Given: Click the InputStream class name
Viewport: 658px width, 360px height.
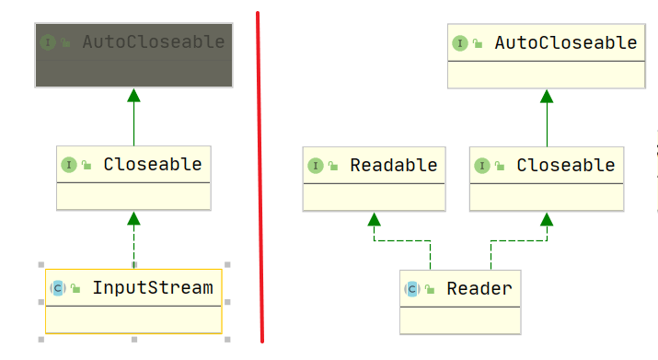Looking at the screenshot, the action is [x=153, y=288].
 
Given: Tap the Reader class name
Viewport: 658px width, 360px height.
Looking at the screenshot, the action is [x=479, y=288].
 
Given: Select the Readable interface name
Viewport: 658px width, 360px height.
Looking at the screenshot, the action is [x=394, y=165].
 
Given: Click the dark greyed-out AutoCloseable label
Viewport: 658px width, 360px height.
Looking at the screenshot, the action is [x=154, y=42].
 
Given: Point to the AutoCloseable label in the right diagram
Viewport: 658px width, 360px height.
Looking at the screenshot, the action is [x=566, y=43].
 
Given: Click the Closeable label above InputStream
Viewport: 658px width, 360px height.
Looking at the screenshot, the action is [x=153, y=164].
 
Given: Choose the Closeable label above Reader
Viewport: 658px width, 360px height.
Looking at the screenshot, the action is [x=566, y=165].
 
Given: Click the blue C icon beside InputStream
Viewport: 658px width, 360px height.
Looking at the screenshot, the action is [x=58, y=288].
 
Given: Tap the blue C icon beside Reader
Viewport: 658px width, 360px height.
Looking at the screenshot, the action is [x=412, y=289].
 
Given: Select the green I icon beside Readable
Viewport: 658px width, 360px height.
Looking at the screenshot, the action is [x=316, y=166].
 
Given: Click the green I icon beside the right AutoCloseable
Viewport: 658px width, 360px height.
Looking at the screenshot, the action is [x=460, y=43].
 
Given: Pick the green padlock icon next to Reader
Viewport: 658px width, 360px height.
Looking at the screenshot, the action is [x=430, y=289].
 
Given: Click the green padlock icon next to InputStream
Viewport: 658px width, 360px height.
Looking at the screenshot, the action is [x=75, y=288].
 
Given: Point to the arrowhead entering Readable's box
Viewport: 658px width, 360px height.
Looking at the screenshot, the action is [x=374, y=219].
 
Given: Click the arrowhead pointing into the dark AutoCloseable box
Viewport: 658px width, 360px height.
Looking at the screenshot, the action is [x=133, y=96].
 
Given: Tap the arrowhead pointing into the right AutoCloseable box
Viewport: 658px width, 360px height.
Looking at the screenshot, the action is [x=547, y=96].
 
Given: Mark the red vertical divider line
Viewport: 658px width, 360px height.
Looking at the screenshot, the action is [x=260, y=178].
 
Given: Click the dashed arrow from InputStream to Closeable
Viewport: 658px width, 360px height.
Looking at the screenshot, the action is [x=133, y=240].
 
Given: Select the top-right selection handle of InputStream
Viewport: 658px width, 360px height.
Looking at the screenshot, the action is [x=227, y=264].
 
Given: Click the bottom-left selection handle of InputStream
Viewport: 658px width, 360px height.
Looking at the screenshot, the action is [x=41, y=340].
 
